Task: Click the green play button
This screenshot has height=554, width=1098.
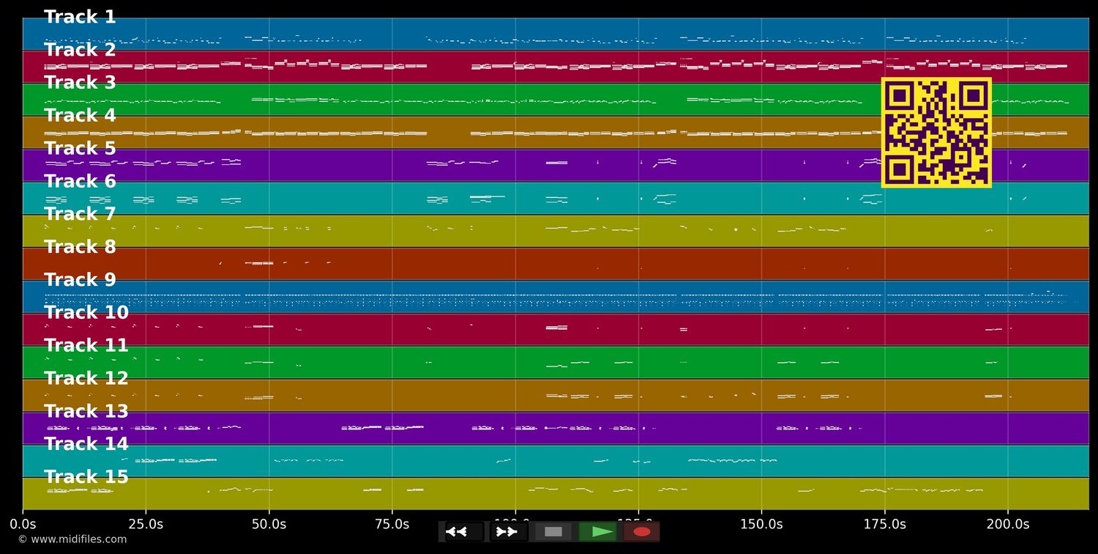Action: click(598, 531)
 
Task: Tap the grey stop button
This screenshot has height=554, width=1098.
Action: click(553, 531)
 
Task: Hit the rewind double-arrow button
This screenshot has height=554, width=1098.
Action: click(463, 531)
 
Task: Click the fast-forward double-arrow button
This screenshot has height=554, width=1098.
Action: click(508, 531)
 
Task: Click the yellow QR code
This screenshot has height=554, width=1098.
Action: click(936, 133)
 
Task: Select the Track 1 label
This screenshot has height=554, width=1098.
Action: click(80, 17)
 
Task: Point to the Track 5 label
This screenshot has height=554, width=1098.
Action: click(80, 149)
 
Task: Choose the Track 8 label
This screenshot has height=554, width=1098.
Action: click(80, 247)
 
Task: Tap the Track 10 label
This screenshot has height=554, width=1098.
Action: click(86, 313)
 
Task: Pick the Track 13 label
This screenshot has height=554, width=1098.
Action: click(86, 412)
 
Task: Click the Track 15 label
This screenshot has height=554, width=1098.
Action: click(86, 477)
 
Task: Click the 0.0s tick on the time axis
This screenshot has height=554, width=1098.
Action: click(23, 524)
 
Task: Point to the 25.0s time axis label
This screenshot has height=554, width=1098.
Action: click(146, 524)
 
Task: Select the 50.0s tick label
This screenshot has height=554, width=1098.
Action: click(269, 524)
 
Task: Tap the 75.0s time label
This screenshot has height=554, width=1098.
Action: click(392, 524)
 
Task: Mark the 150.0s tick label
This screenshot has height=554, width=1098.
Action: click(761, 524)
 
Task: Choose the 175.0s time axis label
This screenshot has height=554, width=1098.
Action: click(884, 524)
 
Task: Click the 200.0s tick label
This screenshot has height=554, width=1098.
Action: click(1007, 524)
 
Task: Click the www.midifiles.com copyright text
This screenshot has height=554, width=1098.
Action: click(72, 539)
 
